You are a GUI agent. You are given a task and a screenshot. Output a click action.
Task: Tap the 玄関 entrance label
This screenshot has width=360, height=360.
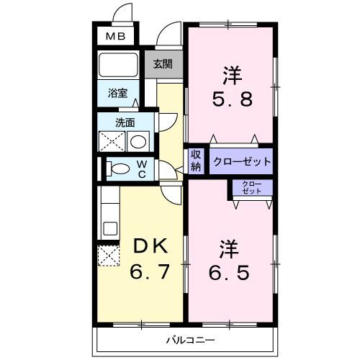163,63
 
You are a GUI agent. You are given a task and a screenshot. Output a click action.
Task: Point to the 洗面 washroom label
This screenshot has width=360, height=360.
125,122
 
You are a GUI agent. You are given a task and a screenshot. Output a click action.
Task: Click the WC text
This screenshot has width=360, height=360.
143,168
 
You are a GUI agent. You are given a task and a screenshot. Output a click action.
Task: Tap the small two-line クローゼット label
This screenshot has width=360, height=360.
252,188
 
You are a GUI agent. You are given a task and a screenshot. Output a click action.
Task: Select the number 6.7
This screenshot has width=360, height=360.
150,274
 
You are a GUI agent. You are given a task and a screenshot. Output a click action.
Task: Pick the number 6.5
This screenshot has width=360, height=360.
230,274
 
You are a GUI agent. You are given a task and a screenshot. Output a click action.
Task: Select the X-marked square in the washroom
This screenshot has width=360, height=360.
112,140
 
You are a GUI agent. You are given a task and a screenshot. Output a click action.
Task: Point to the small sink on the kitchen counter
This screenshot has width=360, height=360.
109,229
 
